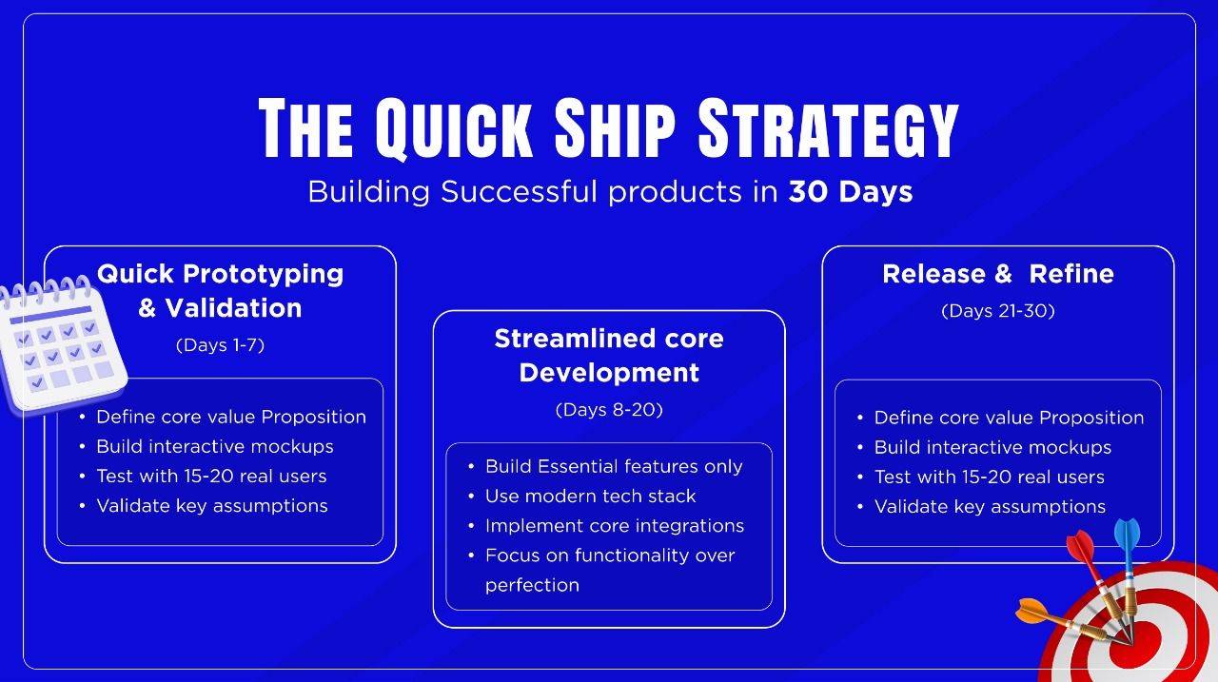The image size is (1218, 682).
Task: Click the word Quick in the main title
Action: coord(454,128)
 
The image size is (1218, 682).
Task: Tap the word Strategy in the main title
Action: coord(828,128)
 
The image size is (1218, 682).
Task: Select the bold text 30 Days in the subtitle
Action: coord(851,192)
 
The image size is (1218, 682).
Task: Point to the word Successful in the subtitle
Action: coord(519,192)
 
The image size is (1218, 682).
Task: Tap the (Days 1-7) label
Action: coord(220,345)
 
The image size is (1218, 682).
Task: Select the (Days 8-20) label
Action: coord(609,409)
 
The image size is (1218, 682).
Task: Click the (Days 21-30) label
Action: coord(998,310)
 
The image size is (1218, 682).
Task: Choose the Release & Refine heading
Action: coord(998,274)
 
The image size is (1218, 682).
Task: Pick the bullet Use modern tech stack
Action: coord(590,497)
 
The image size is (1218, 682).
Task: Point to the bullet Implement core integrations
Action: coord(615,525)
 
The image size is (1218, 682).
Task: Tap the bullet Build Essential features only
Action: coord(614,466)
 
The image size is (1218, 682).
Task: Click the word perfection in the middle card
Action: coord(532,585)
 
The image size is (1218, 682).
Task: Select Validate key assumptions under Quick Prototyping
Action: coord(212,506)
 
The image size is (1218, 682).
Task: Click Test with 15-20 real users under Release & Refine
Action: coord(989,477)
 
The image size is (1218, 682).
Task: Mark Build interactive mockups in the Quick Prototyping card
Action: coord(215,447)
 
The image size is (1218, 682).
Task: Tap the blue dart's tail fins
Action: coord(1128,536)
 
